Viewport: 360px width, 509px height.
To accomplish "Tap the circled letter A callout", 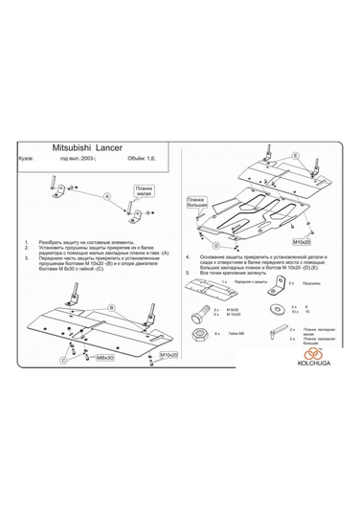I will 107,194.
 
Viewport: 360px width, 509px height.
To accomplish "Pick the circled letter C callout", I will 64,361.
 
